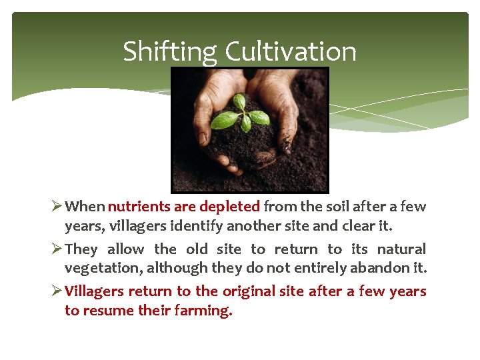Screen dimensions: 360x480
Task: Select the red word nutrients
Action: point(139,207)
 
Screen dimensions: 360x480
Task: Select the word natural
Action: point(401,249)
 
